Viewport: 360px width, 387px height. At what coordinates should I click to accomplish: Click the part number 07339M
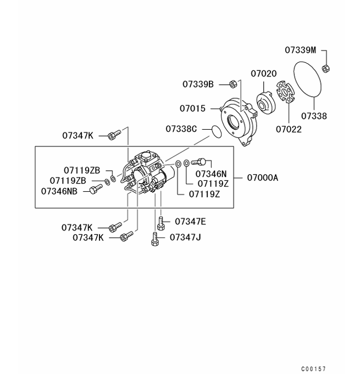point(300,50)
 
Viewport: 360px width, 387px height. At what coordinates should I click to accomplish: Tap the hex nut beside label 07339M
point(325,68)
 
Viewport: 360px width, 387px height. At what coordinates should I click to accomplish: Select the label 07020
point(264,73)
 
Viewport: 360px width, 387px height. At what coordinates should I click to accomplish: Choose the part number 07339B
point(198,84)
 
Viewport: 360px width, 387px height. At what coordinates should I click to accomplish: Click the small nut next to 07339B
point(232,84)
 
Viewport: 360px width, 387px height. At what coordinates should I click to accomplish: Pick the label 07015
point(192,108)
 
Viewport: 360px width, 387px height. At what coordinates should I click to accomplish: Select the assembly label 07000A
point(262,178)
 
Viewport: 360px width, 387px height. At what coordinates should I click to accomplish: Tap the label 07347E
point(190,222)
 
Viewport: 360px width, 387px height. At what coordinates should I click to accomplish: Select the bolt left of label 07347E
point(161,223)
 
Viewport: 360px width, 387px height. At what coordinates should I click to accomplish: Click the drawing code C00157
point(313,369)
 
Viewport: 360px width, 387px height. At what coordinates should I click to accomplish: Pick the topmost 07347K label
point(77,135)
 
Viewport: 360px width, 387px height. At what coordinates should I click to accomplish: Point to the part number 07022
point(289,129)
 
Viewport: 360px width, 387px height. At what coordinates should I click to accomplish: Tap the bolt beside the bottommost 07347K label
point(126,237)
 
